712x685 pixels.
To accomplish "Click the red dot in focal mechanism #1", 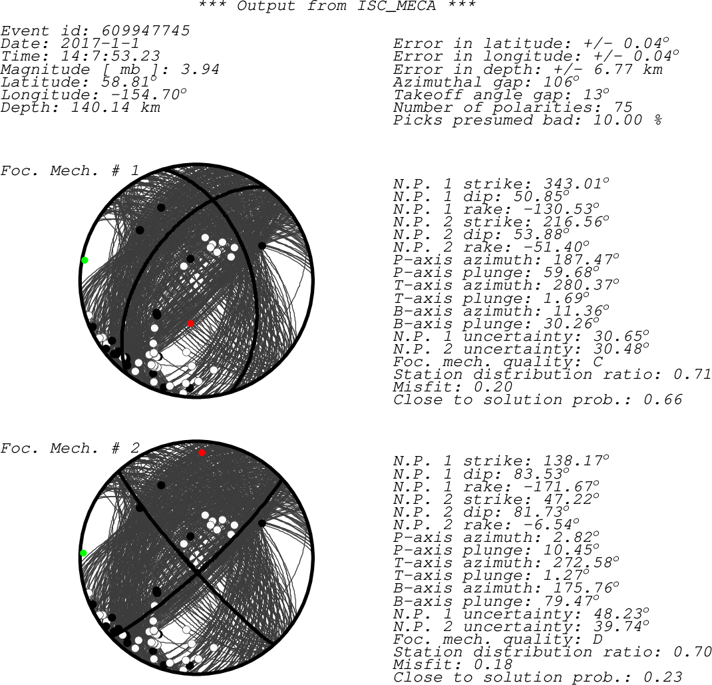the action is [191, 324].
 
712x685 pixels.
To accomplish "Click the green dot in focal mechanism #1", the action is [85, 260].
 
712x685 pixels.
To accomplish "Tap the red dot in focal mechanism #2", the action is [202, 453].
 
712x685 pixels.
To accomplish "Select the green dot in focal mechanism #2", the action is [84, 553].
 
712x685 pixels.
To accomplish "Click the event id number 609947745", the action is [145, 31].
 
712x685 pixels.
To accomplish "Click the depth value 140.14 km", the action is [115, 108].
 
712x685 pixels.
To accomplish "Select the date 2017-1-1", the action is [100, 44].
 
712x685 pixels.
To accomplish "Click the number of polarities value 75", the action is [623, 108].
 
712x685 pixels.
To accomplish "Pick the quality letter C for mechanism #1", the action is [598, 362].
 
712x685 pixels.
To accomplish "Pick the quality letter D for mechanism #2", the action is [598, 640].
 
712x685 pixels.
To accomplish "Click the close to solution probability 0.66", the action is [663, 400].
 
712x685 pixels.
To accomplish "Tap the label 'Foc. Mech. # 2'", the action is [70, 448].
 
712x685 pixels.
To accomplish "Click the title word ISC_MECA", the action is [397, 6].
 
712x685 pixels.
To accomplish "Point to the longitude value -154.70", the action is [144, 95].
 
